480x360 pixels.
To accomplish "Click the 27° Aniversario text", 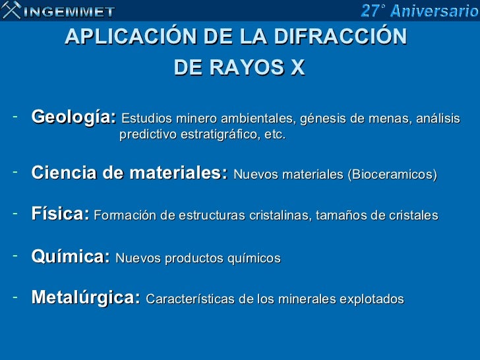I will (x=419, y=11).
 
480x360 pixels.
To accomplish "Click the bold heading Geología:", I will (x=74, y=118).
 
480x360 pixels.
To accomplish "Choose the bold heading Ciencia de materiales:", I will (x=130, y=174).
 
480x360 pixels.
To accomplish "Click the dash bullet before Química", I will (x=15, y=255).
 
